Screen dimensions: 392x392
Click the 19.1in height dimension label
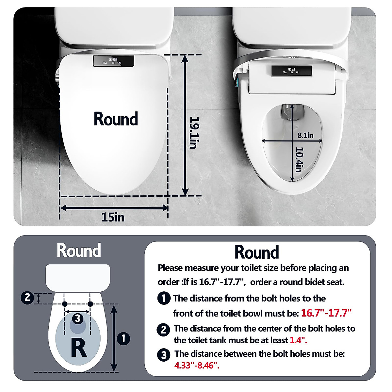coord(193,133)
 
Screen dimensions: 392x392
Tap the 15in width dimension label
coord(113,217)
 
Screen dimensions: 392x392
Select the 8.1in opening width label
coord(305,135)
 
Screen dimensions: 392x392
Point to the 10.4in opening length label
coord(299,159)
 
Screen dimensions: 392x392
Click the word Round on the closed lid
coord(116,119)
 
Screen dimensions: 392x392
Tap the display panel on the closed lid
coord(113,61)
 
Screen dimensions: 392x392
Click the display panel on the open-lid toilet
coord(292,71)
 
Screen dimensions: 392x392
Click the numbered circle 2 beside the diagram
coord(27,298)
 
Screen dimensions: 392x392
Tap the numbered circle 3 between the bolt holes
coord(77,318)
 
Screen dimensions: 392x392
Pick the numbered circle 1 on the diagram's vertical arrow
coord(123,338)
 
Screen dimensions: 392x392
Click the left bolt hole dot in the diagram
coord(65,304)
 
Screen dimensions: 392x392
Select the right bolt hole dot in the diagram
coord(90,304)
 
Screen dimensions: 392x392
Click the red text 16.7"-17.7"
coord(326,313)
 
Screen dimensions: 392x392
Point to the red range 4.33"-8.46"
coord(197,365)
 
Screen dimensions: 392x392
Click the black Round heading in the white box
coord(257,252)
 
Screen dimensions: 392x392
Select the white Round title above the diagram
coord(79,251)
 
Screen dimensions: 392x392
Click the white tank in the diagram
coord(78,277)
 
